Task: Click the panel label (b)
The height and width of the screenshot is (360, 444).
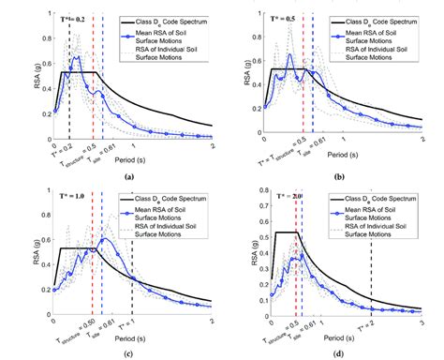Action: tap(340, 175)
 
